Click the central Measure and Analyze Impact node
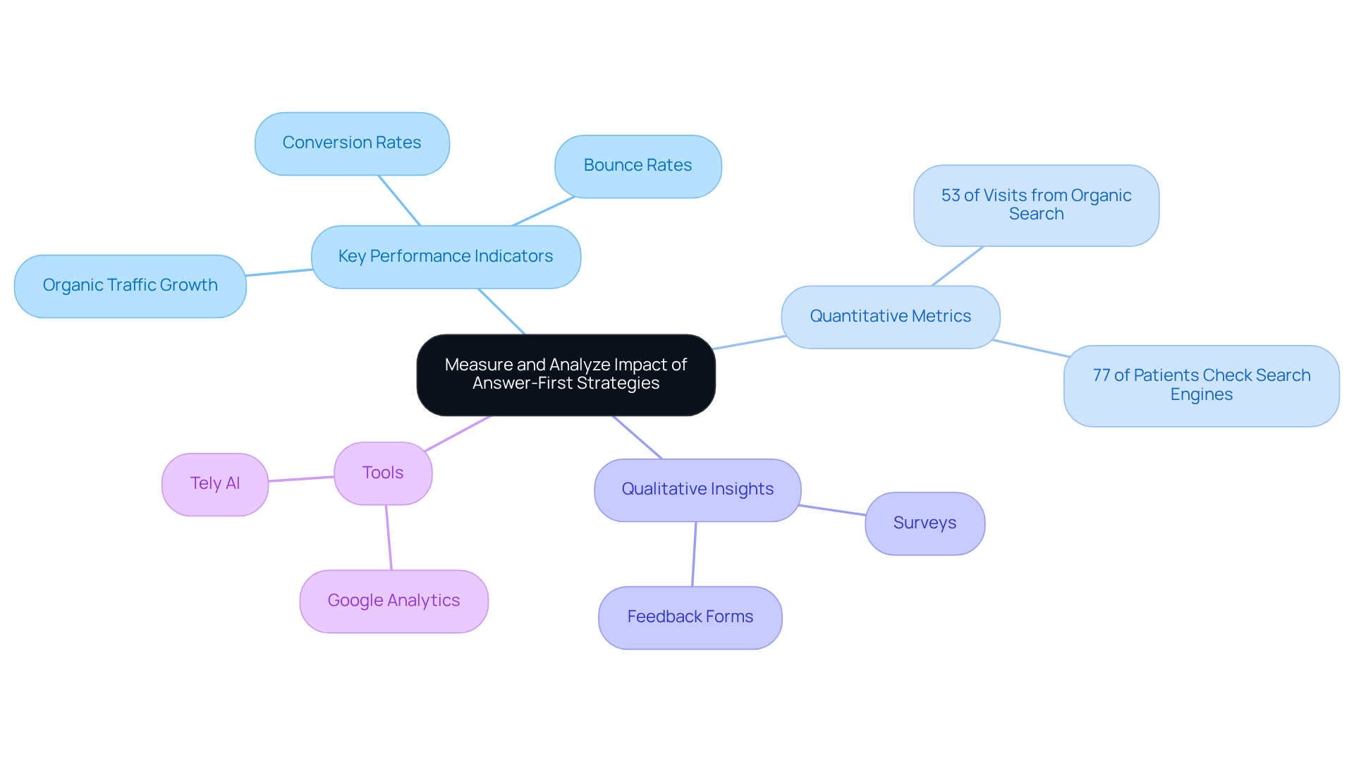coord(566,375)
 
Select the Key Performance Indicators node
coord(446,257)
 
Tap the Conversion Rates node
coord(352,143)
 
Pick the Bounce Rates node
coord(638,166)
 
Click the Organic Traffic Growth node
coord(130,286)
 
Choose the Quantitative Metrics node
coord(890,317)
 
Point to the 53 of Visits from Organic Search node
coord(1036,205)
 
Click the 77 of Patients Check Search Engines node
coord(1201,385)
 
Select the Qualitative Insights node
coord(697,490)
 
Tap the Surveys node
coord(925,523)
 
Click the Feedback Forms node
coord(690,617)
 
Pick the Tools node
coord(383,473)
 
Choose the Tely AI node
coord(215,484)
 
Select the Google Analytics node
coord(394,601)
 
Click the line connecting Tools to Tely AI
coord(301,479)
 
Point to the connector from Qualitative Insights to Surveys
coord(833,510)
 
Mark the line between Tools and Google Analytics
coord(389,538)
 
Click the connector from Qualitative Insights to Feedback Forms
coord(694,554)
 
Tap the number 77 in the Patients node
coord(1102,375)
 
